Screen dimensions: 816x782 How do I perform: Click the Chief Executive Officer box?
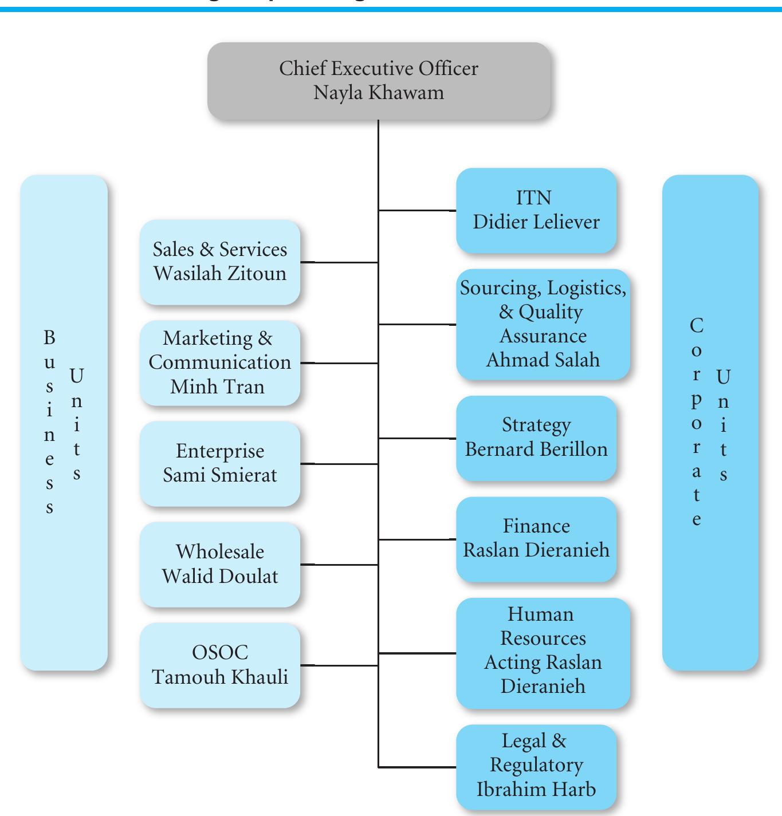[379, 80]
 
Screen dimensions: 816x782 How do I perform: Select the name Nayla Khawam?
[379, 93]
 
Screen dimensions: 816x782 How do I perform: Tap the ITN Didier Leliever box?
[536, 210]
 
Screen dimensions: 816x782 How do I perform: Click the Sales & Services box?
[220, 262]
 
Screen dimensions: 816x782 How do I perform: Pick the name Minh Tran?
[218, 387]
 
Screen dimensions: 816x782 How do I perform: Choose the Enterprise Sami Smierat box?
[220, 463]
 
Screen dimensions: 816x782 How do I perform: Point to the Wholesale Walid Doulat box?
[220, 564]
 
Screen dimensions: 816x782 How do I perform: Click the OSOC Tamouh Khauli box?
[220, 665]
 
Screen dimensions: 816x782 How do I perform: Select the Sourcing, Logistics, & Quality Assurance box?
[543, 324]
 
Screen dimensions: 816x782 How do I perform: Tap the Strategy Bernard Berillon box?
[536, 437]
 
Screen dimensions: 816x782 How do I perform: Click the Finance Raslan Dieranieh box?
[536, 539]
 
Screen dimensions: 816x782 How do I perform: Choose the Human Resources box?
[543, 652]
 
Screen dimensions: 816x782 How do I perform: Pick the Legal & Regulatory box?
[536, 766]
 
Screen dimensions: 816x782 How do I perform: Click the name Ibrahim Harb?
[536, 790]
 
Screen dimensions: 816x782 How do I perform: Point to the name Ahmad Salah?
[543, 360]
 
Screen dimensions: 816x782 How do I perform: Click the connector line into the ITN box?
[417, 211]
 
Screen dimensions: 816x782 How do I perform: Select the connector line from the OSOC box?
[339, 665]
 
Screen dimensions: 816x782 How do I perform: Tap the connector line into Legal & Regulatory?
[417, 767]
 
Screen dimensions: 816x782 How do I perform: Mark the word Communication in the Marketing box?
[220, 362]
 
